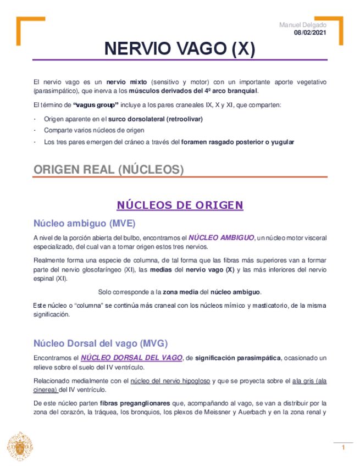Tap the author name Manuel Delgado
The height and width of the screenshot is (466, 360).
coord(302,25)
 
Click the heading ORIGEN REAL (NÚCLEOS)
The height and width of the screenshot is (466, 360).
coord(109,170)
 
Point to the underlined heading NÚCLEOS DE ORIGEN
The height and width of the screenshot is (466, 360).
coord(180,205)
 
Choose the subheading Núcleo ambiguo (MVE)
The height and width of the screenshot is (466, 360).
coord(84,223)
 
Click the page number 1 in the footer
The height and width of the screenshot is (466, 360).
coord(343,448)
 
